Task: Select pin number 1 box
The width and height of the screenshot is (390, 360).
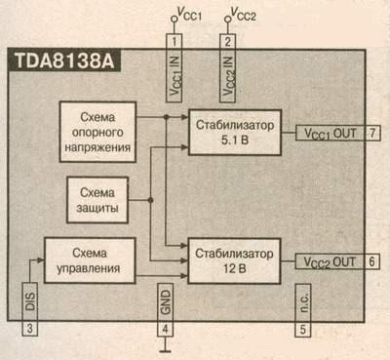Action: (x=174, y=41)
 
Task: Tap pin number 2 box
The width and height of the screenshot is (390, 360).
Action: (x=228, y=41)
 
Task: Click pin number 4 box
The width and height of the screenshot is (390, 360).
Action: (x=166, y=327)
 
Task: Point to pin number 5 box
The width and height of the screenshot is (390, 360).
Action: (x=304, y=327)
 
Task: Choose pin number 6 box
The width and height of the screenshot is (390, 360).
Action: (x=373, y=262)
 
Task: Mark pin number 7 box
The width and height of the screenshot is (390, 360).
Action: (x=373, y=132)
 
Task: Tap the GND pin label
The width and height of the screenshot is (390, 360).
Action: (x=166, y=297)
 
